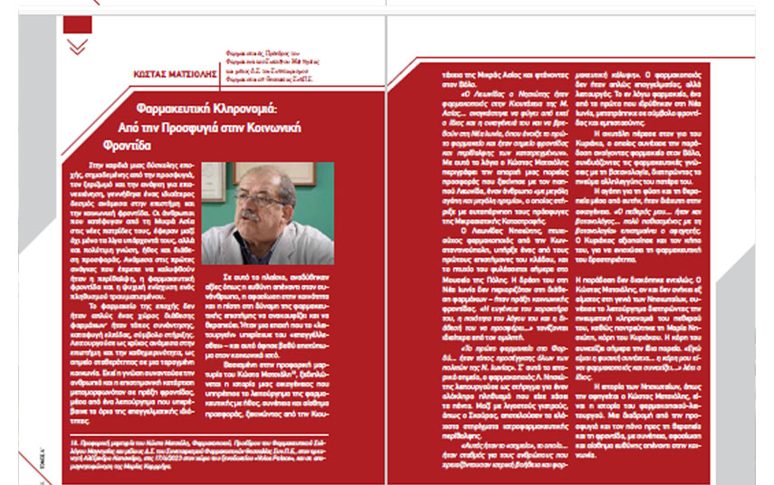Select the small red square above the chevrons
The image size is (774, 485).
77,24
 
